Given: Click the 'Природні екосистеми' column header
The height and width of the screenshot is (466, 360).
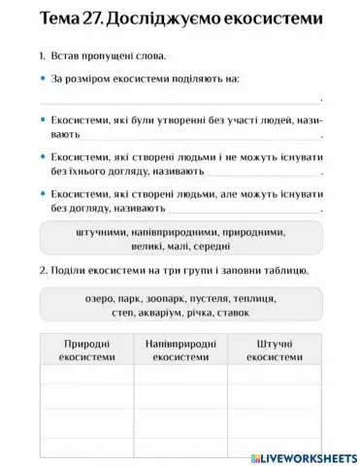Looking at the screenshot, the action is point(85,350).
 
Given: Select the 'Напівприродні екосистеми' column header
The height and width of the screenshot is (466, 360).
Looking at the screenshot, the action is point(180,350).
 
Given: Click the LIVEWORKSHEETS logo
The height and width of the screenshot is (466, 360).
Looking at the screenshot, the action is point(304,455).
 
